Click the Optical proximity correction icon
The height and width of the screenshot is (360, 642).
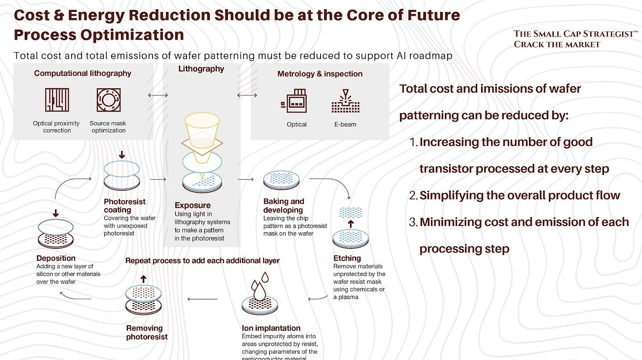click(x=57, y=100)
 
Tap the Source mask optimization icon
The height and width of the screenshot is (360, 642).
click(x=108, y=100)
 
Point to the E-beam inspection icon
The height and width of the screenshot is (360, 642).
click(x=345, y=101)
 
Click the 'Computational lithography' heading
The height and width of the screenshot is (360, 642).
click(x=83, y=73)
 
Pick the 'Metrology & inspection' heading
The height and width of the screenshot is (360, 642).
click(x=320, y=74)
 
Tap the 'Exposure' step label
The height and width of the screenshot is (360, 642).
click(x=193, y=205)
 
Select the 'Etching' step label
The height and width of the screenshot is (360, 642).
click(x=347, y=258)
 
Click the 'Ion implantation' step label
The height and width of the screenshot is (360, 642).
click(x=271, y=328)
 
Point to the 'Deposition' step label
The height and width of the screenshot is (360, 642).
click(x=56, y=258)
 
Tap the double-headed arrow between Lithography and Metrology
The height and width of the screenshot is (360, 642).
click(x=247, y=95)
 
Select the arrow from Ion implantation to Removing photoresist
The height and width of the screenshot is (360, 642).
click(x=203, y=299)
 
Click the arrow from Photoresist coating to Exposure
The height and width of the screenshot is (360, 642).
click(x=158, y=180)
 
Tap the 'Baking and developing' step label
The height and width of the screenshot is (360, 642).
click(x=284, y=206)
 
